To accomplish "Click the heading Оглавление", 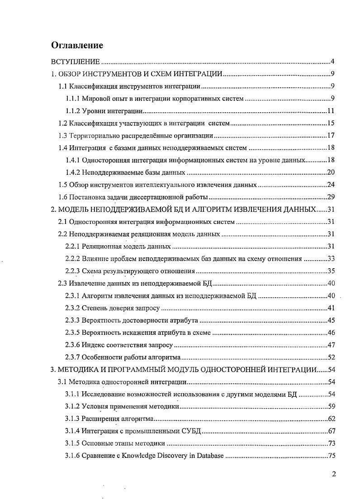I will click(77, 45).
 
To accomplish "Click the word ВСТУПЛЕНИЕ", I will click(75, 62).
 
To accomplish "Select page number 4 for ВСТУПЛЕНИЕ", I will click(332, 62).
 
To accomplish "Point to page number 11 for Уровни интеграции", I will click(330, 111).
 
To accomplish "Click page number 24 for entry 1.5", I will click(330, 185).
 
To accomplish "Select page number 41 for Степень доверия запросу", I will click(330, 308).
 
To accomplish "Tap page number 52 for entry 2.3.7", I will click(330, 357).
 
